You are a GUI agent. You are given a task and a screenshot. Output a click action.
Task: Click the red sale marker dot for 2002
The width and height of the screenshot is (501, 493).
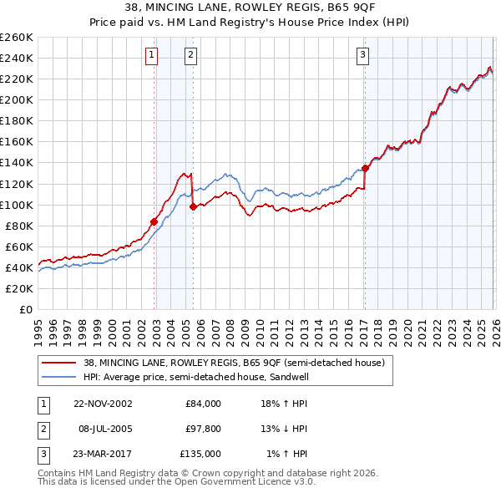154,221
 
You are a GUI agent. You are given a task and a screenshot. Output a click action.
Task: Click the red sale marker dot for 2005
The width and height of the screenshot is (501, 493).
193,206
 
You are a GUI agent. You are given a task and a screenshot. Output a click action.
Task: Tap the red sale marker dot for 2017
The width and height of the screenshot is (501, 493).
365,168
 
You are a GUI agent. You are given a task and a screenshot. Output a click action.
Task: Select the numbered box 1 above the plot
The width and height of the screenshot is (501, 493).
152,56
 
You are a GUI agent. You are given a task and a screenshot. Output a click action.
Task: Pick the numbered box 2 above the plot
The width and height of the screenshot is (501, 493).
191,56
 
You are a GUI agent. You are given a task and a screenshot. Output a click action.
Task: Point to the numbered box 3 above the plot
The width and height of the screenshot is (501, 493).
363,56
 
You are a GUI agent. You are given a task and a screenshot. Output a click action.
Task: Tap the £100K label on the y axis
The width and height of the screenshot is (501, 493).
16,205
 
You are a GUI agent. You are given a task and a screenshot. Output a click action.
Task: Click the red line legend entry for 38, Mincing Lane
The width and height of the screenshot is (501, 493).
234,363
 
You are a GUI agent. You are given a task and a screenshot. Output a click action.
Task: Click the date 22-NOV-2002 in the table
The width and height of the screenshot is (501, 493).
103,404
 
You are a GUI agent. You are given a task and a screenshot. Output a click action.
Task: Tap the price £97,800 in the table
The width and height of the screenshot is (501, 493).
203,429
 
